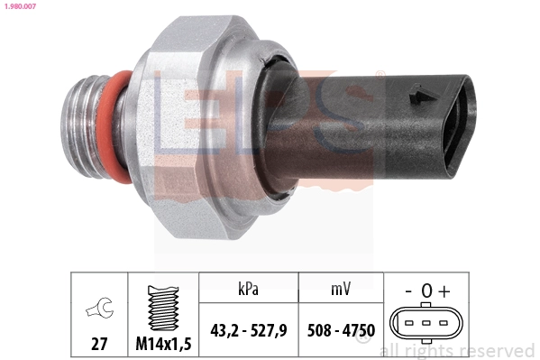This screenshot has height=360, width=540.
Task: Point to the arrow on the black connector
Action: coord(417,91)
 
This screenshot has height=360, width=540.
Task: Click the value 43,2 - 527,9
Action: coord(248,330)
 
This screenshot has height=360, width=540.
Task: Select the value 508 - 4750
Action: coord(341,330)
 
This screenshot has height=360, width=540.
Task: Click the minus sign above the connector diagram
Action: coord(409,291)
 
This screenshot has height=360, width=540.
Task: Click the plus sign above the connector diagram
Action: coord(444,291)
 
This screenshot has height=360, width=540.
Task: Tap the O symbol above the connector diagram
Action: coord(426,291)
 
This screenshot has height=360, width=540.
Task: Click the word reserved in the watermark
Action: coord(497,350)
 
